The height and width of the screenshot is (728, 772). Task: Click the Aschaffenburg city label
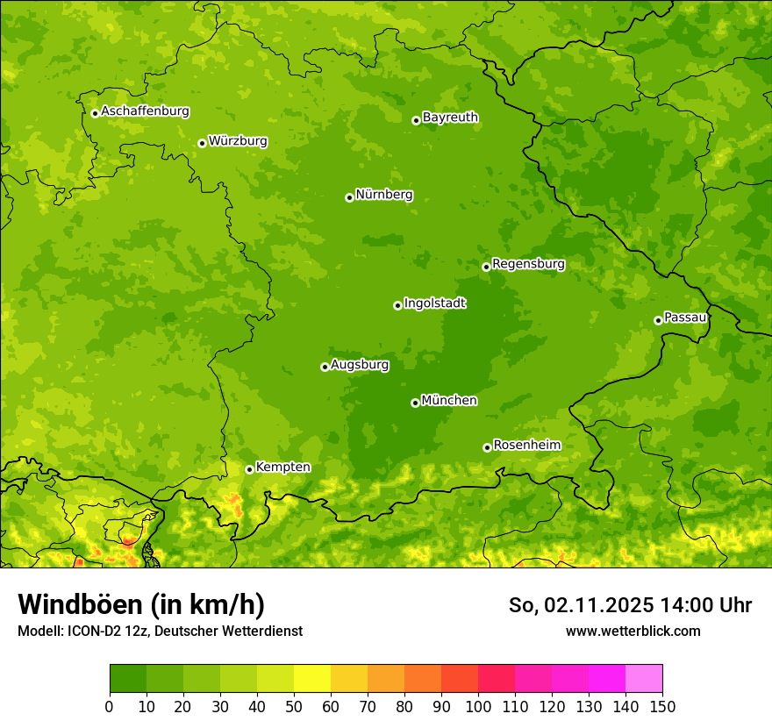tap(145, 111)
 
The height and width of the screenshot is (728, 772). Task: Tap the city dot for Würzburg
tap(202, 143)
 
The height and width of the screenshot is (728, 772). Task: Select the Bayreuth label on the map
tap(450, 118)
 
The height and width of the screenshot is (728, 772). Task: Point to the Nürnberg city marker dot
tap(349, 197)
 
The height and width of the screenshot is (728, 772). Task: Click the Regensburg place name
tap(528, 264)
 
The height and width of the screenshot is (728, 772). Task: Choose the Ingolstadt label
tap(434, 303)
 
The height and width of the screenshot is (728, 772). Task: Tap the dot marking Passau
tap(658, 320)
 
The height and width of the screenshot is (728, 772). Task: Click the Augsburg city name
tap(360, 365)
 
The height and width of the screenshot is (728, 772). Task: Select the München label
tap(449, 401)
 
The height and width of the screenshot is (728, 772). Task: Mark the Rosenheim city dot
tap(487, 447)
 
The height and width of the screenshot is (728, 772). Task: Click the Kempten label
tap(282, 467)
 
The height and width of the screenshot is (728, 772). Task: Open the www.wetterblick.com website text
tap(633, 631)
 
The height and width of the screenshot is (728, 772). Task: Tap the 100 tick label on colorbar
tap(478, 706)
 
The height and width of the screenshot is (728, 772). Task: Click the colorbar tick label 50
tap(294, 706)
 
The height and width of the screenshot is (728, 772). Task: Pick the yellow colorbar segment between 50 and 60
tap(312, 679)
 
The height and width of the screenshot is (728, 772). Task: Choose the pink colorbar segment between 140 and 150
tap(644, 679)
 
